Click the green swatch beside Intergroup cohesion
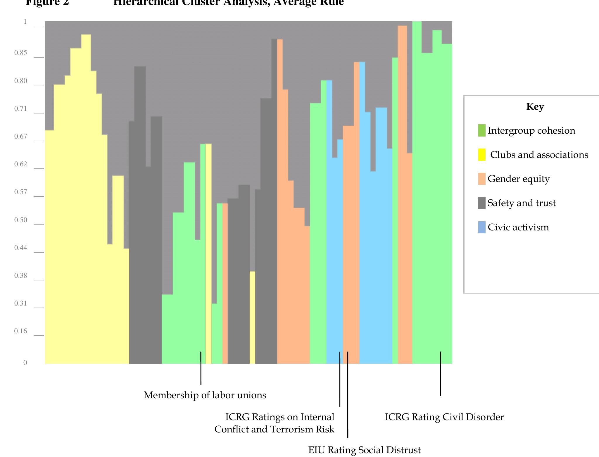coord(481,130)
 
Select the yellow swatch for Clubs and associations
coord(481,155)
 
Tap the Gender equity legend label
coord(518,179)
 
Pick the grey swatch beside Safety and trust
coord(481,203)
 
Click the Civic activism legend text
coord(518,227)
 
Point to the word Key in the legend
coord(535,106)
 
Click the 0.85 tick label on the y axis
coord(20,53)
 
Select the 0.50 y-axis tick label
coord(20,220)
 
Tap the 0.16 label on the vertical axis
coord(20,331)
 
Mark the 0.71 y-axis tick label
coord(20,109)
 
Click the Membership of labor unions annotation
coord(205,395)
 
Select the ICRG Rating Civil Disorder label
coord(444,417)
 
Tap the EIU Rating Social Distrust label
coord(364,450)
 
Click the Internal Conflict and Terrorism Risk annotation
coord(274,423)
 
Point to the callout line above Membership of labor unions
coord(201,368)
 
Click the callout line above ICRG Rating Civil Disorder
coord(441,374)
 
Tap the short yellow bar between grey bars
coord(252,317)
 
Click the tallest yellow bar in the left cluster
coord(86,199)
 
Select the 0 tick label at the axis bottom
coord(25,363)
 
